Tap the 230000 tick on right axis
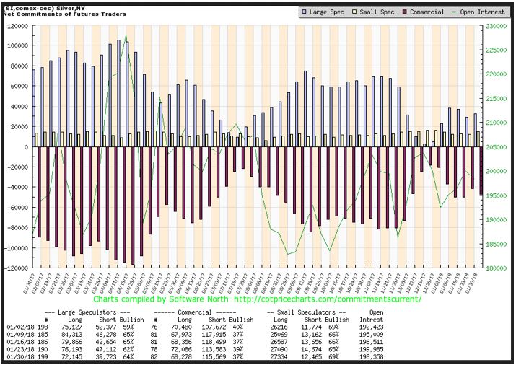493,26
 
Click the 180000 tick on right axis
493,268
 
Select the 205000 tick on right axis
493,147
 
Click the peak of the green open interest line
126,35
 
